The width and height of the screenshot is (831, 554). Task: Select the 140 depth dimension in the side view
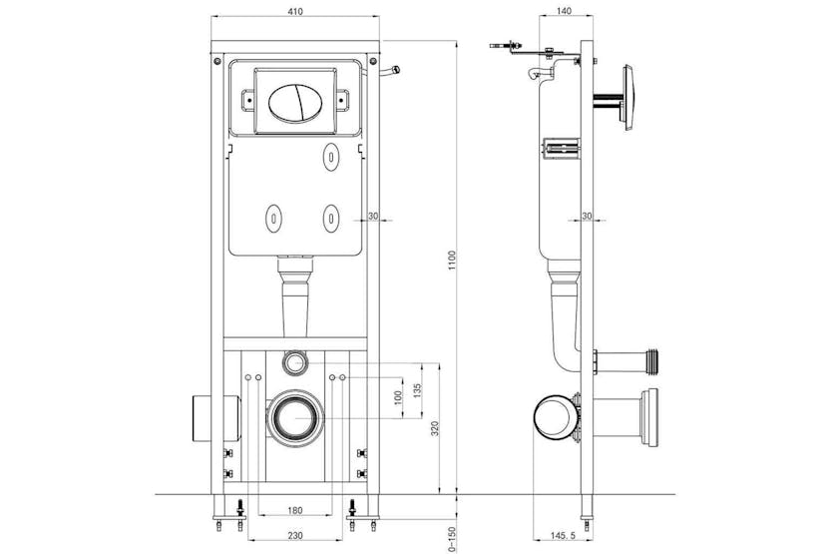pyautogui.click(x=566, y=10)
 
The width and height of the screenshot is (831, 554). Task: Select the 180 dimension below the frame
pyautogui.click(x=294, y=511)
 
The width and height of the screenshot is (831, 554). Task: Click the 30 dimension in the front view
pyautogui.click(x=373, y=217)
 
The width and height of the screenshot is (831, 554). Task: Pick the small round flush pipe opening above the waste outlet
pyautogui.click(x=294, y=360)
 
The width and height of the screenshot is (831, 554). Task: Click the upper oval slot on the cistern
pyautogui.click(x=331, y=156)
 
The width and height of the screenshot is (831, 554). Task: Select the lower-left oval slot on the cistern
pyautogui.click(x=272, y=215)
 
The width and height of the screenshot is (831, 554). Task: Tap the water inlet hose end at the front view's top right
pyautogui.click(x=395, y=70)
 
